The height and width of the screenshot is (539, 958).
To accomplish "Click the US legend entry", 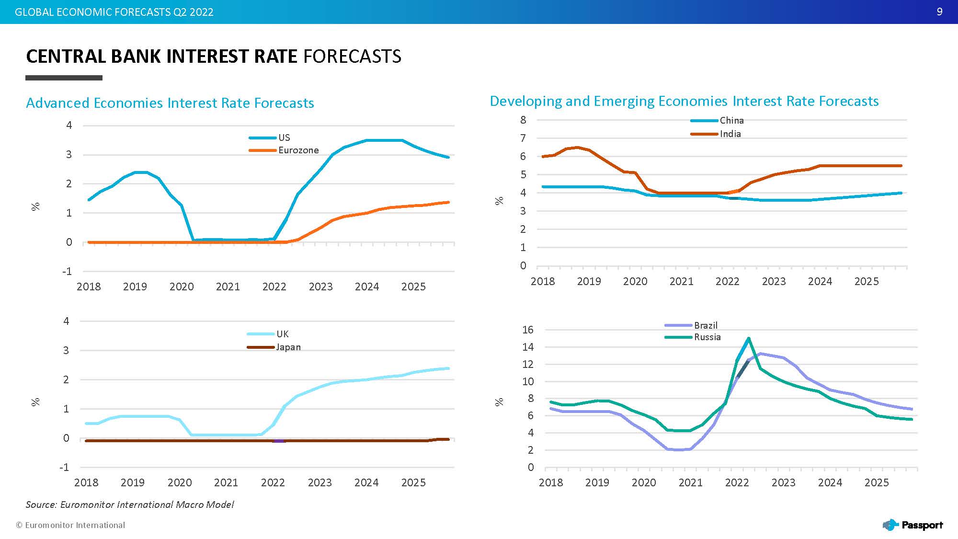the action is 270,138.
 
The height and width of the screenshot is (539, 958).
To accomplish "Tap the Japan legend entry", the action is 274,347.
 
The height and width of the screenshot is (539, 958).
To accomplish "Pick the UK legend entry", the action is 268,334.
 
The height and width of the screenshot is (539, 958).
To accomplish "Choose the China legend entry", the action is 717,120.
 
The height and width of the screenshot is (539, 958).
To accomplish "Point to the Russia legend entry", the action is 693,337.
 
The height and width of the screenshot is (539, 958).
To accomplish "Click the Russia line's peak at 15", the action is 748,338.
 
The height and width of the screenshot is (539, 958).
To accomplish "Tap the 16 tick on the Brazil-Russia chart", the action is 528,330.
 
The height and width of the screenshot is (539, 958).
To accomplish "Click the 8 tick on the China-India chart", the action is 523,120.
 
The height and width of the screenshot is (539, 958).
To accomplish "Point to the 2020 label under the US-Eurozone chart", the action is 182,287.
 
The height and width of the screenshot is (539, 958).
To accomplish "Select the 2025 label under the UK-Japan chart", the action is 413,482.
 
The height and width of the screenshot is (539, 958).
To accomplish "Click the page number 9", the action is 940,12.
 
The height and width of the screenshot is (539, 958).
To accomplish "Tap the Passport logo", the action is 912,525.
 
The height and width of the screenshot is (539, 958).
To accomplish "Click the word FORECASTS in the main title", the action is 353,57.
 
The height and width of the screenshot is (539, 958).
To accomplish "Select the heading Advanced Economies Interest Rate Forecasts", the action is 170,103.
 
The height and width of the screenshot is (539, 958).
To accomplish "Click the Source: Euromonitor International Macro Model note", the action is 130,505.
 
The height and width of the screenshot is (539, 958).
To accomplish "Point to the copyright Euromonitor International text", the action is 70,525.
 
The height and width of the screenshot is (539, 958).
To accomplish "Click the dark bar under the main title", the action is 64,78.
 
